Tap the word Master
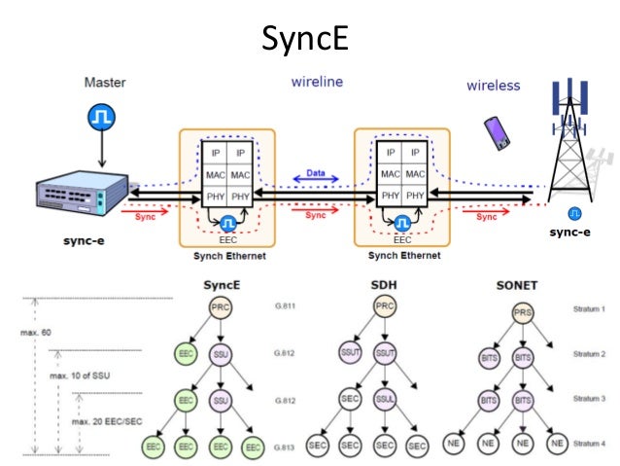[104, 85]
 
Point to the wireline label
[317, 83]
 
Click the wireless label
[493, 86]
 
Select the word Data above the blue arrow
[316, 171]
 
